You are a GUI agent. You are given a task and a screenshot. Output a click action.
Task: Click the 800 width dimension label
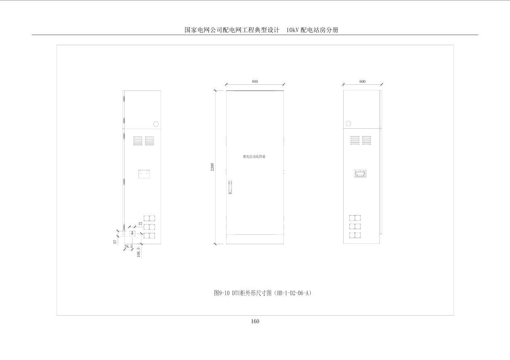click(x=255, y=82)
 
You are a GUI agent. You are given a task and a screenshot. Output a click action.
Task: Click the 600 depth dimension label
click(x=362, y=82)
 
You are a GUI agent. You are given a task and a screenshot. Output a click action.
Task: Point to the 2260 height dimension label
click(x=212, y=167)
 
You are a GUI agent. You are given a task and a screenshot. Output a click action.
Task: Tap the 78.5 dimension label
click(x=128, y=247)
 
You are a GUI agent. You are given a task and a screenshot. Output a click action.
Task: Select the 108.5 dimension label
click(x=139, y=252)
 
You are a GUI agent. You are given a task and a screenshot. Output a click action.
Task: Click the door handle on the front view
click(x=230, y=187)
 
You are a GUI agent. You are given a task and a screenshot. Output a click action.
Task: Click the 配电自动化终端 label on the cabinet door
click(x=254, y=157)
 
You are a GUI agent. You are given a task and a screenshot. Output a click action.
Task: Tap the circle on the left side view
click(x=156, y=124)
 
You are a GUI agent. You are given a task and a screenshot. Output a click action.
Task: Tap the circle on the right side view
click(x=348, y=123)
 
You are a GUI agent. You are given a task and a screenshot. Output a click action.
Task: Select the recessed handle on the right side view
click(x=360, y=174)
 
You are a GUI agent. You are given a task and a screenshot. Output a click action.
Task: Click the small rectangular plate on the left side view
click(x=144, y=174)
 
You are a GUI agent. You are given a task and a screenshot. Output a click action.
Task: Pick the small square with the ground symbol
click(x=132, y=234)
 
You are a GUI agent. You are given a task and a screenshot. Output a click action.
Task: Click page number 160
click(x=255, y=321)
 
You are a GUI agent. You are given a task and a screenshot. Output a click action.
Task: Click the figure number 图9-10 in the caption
click(x=222, y=293)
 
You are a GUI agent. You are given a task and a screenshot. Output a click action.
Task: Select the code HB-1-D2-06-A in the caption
click(x=293, y=293)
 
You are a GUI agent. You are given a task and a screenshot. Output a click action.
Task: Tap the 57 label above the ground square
click(x=140, y=224)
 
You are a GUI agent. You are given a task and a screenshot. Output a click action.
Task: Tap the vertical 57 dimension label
click(x=115, y=242)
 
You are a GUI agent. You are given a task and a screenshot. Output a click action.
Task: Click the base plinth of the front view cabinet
click(x=255, y=239)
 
